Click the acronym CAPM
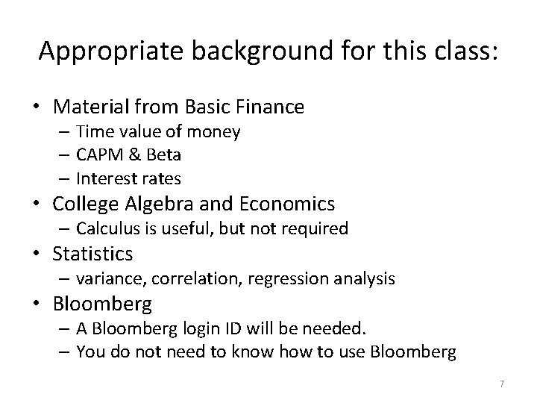coord(97,155)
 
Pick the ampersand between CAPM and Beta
coord(131,155)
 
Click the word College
coord(87,203)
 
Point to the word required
coord(316,228)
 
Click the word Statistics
coord(92,254)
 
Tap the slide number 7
coord(502,384)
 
